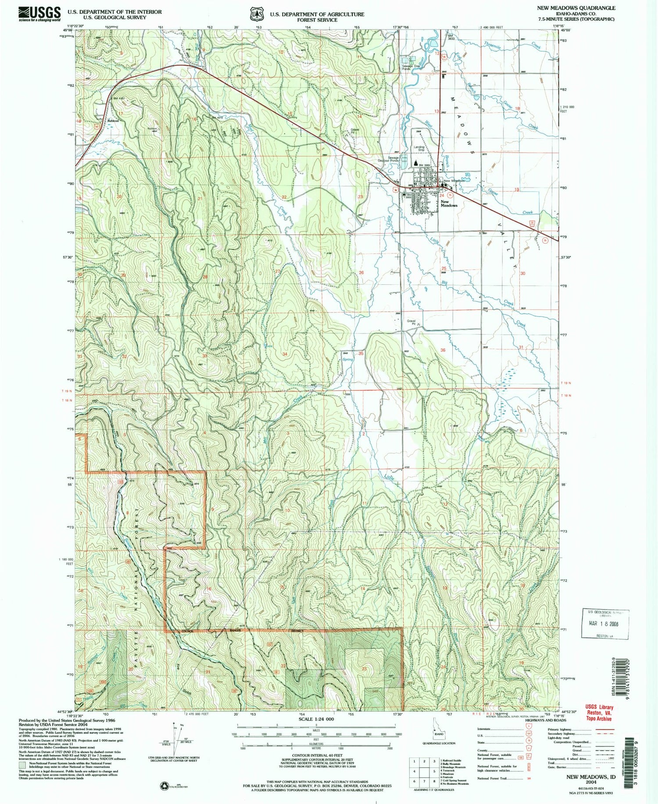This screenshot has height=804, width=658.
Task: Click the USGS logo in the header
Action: point(39,14)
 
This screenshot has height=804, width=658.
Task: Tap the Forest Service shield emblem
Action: point(255,14)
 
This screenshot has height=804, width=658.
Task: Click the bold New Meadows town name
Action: point(449,204)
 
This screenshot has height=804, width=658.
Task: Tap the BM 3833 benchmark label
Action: point(451,36)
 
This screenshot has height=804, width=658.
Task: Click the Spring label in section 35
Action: point(347,359)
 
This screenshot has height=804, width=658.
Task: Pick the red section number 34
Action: point(285,354)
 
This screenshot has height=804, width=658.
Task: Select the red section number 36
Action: point(443,350)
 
